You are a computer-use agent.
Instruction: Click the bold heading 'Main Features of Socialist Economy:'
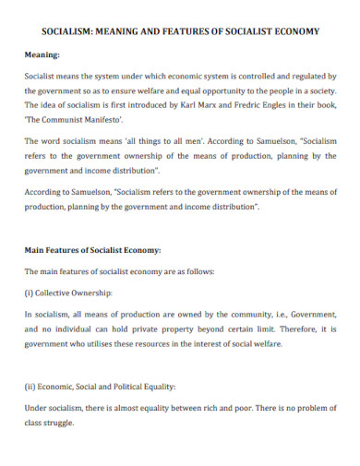click(92, 250)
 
